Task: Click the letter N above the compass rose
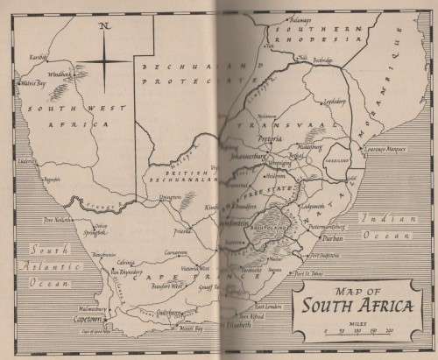coord(104,25)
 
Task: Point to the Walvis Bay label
coord(32,84)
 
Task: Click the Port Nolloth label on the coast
coord(48,220)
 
